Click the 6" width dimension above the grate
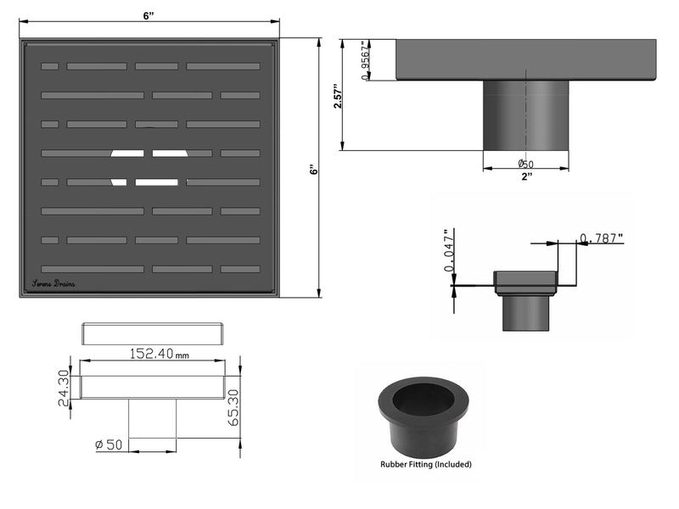(x=149, y=17)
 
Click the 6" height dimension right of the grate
(x=313, y=170)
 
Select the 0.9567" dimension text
(x=365, y=60)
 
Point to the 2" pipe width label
(x=526, y=176)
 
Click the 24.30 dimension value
(x=62, y=386)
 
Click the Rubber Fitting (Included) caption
(x=425, y=464)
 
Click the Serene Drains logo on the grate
(x=53, y=283)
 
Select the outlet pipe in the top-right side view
(x=526, y=115)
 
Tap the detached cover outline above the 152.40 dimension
(x=153, y=332)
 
